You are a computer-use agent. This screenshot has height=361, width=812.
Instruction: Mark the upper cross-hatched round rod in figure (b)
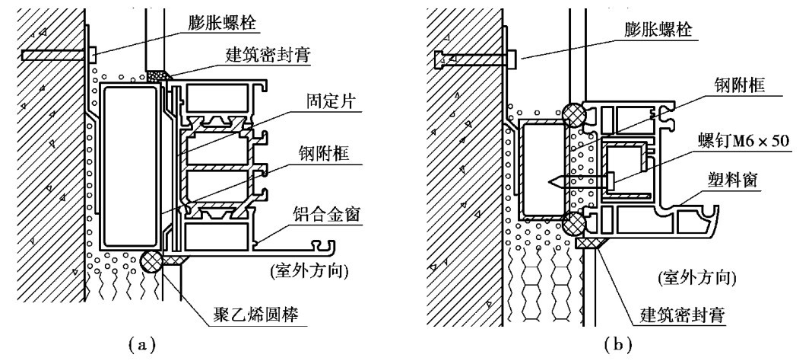coord(574,113)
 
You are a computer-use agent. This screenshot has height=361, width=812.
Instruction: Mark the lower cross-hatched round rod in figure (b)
coord(574,225)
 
